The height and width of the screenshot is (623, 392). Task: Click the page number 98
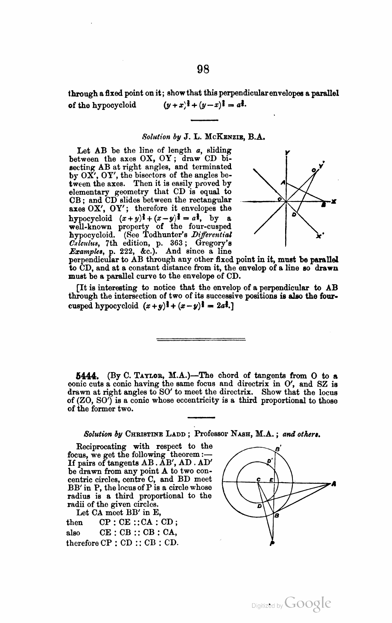coord(203,69)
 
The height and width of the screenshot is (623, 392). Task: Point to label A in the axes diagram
coord(282,183)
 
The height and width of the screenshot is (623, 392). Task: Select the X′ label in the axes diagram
coord(319,236)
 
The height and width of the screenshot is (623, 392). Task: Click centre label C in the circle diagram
coord(259,480)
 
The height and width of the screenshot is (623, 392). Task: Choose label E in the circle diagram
coord(271,480)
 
